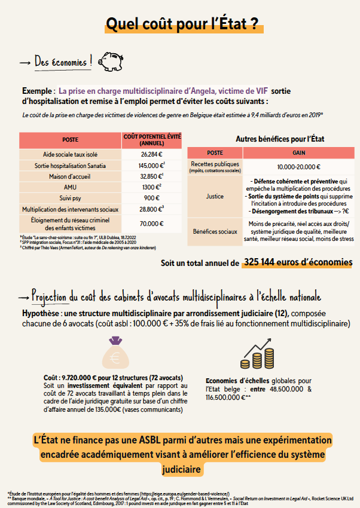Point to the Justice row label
pyautogui.click(x=214, y=195)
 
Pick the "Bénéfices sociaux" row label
pyautogui.click(x=214, y=230)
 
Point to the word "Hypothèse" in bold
pyautogui.click(x=40, y=314)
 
